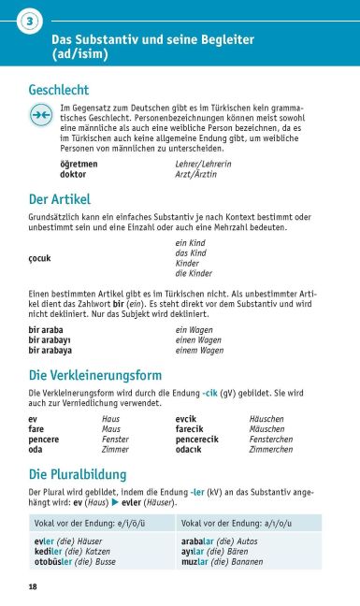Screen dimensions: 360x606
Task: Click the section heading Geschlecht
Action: [59, 90]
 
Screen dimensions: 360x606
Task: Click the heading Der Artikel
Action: [59, 199]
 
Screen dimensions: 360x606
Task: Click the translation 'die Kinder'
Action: [194, 273]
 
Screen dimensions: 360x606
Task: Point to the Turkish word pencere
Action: [44, 439]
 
